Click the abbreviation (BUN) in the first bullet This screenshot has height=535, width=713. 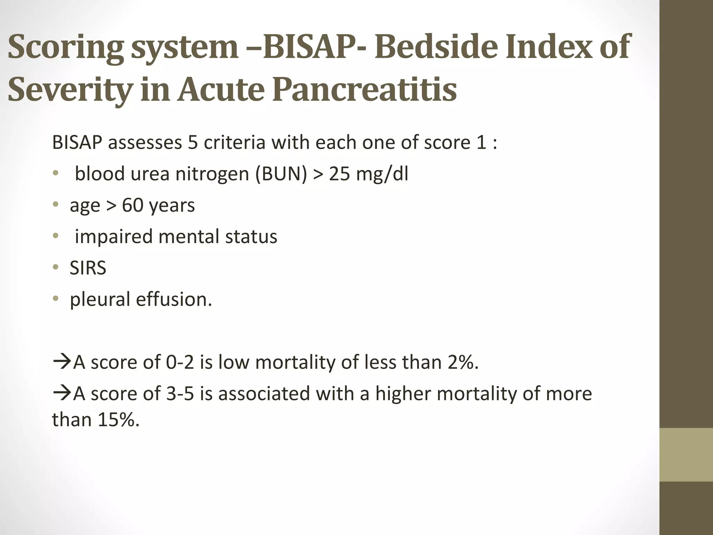pos(281,173)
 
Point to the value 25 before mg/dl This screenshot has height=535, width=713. pos(339,173)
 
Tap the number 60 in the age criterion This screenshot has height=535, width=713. pos(133,205)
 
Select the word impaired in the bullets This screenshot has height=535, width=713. pos(113,237)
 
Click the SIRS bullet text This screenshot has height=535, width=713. pos(88,268)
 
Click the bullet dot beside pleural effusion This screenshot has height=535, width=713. pos(55,299)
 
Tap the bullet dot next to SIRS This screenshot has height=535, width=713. pos(55,267)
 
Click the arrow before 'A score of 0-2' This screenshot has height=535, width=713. pos(62,362)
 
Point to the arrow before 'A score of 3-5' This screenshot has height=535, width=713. pos(62,394)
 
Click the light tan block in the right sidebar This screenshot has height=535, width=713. pos(686,455)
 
